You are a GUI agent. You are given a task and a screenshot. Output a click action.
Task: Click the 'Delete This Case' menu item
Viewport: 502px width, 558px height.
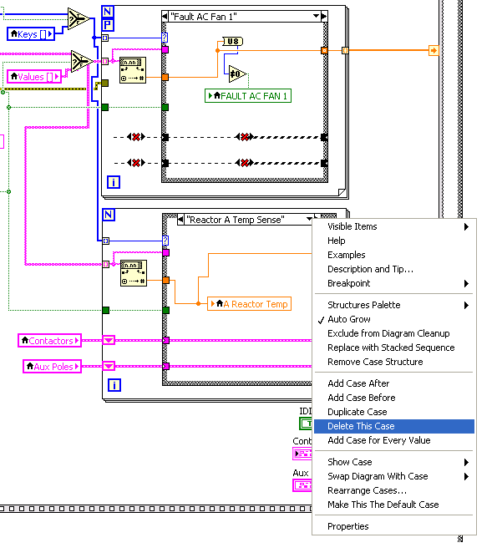(x=361, y=426)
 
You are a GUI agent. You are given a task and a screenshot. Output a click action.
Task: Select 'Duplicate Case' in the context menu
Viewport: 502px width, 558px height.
(x=357, y=412)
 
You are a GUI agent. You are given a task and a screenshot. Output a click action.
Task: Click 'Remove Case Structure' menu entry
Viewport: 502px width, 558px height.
(x=375, y=362)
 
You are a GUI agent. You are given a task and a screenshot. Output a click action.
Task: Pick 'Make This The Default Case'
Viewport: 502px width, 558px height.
(x=383, y=505)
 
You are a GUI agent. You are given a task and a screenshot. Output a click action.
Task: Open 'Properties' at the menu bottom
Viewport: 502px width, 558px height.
(x=347, y=526)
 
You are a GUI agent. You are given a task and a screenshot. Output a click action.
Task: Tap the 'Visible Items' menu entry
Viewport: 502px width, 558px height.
(x=352, y=226)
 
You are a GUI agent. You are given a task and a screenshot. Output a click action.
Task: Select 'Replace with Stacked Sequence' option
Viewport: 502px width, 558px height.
(x=391, y=347)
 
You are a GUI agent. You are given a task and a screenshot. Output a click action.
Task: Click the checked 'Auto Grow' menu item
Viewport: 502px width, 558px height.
(x=349, y=319)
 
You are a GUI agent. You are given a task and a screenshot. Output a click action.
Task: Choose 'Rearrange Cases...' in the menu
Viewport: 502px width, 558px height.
(x=367, y=490)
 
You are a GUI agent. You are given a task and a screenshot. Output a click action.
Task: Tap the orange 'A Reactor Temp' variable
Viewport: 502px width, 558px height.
(x=250, y=304)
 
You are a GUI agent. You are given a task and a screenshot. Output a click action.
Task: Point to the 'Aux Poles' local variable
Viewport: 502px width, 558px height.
(x=50, y=366)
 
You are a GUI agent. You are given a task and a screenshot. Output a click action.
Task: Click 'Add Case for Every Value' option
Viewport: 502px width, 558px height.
(x=378, y=440)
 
